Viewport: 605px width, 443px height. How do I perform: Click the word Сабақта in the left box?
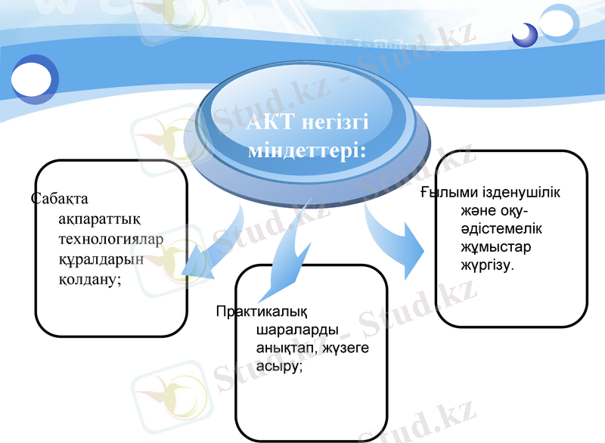tap(60, 200)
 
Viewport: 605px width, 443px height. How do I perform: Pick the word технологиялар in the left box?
tap(110, 240)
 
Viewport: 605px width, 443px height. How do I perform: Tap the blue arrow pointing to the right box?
tap(393, 238)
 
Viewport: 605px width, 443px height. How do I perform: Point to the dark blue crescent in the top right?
tap(523, 34)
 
